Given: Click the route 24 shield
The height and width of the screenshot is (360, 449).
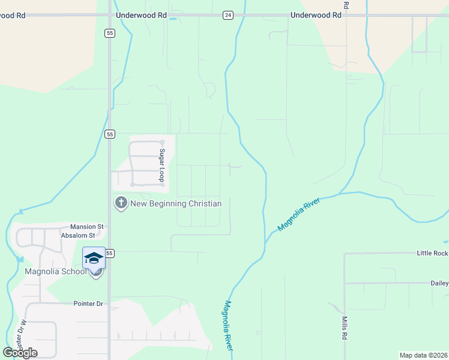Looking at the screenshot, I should coord(228,15).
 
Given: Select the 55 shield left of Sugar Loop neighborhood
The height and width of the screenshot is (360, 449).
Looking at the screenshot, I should coord(109,134).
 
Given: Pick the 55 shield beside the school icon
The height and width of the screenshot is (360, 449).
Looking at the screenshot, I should coord(109,254).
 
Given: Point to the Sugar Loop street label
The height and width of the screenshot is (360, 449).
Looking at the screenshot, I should coord(161,165).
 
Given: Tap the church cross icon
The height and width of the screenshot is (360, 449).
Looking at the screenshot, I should coord(121,203).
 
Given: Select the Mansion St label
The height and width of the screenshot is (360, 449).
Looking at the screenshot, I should coord(87,227).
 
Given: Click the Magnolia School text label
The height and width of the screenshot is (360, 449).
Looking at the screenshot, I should coord(56,271).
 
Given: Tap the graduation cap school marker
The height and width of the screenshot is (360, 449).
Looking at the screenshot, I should coord(94,258).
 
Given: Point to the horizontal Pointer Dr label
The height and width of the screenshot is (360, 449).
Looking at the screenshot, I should coord(88,304).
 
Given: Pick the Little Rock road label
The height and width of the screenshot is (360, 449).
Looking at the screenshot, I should coord(432,254).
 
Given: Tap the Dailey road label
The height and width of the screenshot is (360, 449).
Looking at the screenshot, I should coord(439,283).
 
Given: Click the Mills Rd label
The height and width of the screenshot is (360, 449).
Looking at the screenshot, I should coord(345,329).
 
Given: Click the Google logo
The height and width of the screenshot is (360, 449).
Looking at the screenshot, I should coord(20,353).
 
